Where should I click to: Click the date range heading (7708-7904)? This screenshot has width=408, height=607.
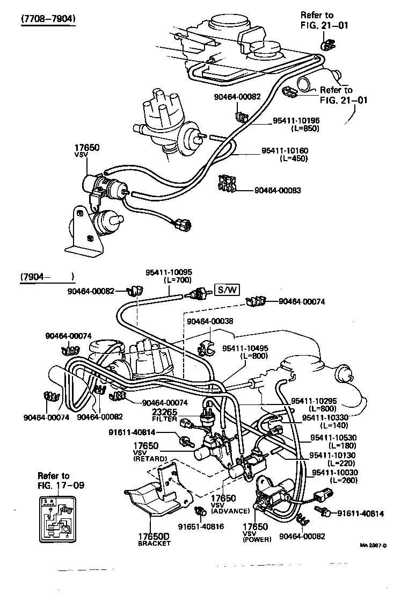click(48, 19)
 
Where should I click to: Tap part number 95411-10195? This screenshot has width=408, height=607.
click(297, 121)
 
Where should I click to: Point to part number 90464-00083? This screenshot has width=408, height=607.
click(278, 190)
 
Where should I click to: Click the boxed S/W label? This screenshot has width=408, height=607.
click(227, 291)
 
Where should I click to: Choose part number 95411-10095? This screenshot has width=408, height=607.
click(169, 272)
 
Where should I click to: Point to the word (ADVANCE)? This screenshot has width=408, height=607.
click(230, 511)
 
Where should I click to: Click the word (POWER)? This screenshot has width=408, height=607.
click(257, 539)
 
